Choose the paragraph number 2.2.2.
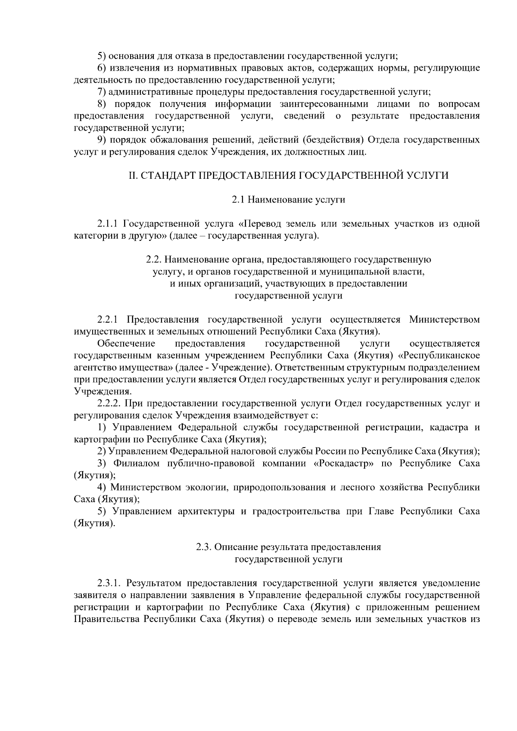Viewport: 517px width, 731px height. [110, 404]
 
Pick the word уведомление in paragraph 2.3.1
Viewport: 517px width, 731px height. [452, 583]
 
